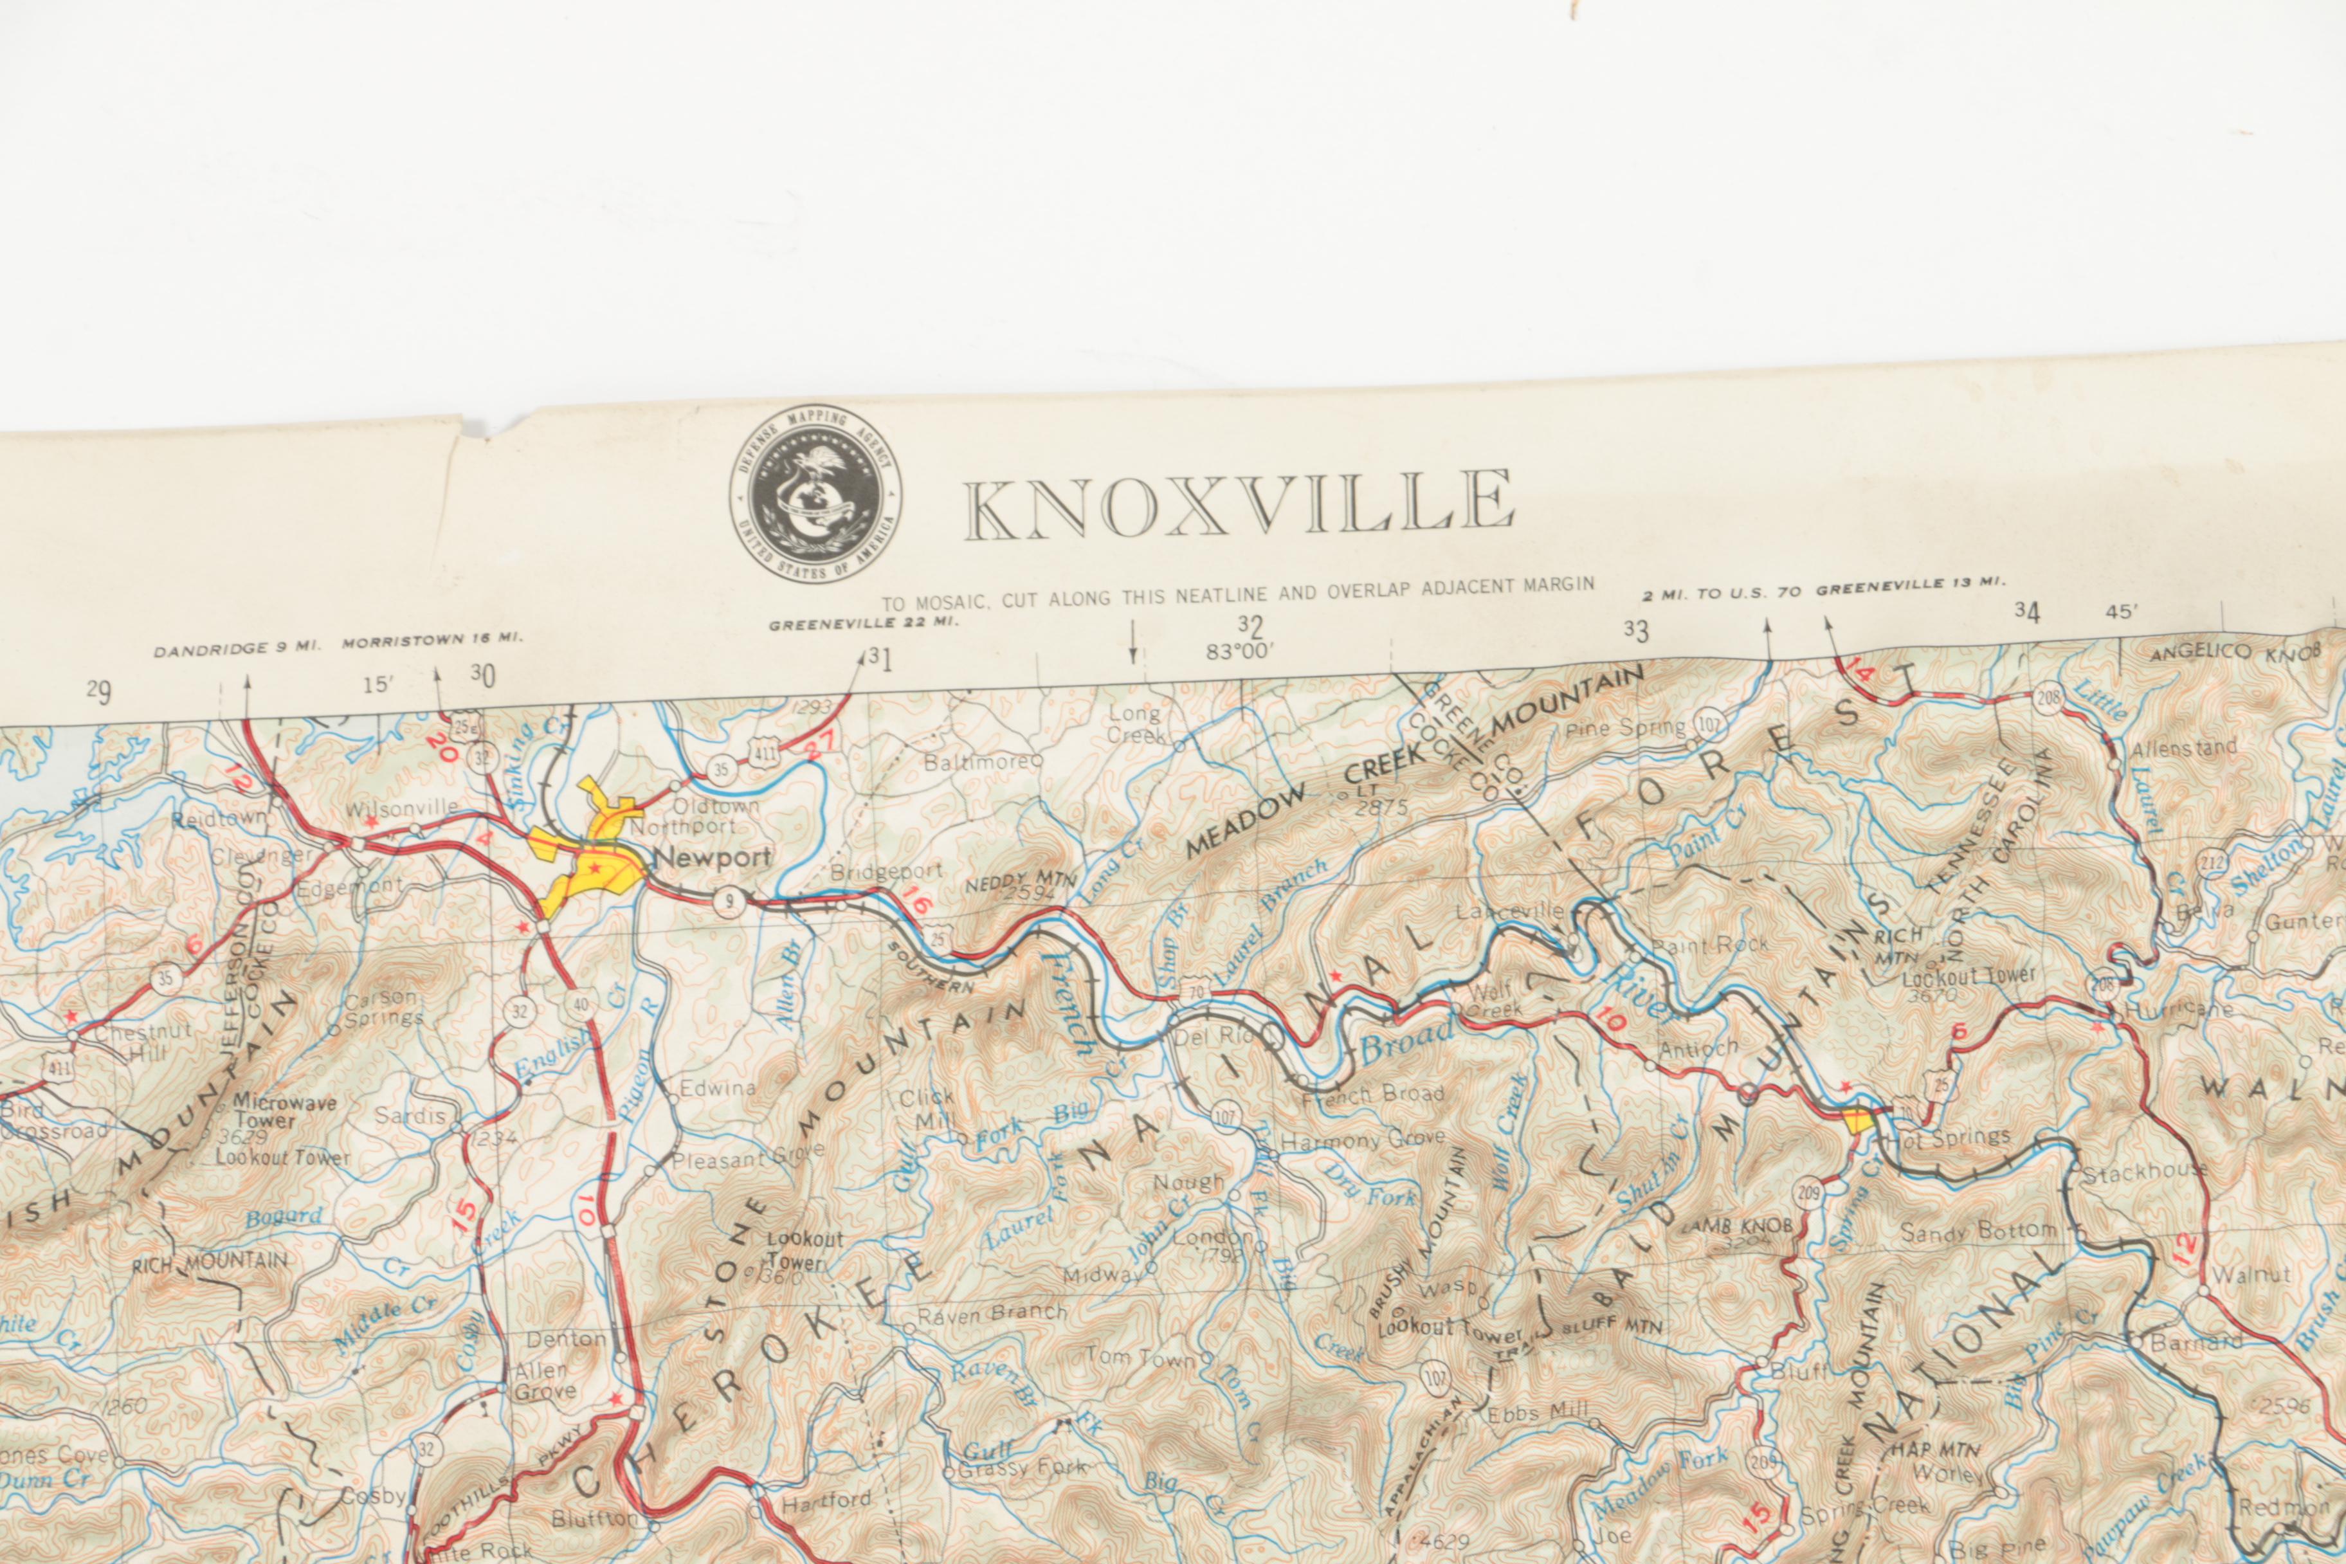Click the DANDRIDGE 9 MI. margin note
(237, 648)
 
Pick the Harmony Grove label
(1363, 1139)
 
